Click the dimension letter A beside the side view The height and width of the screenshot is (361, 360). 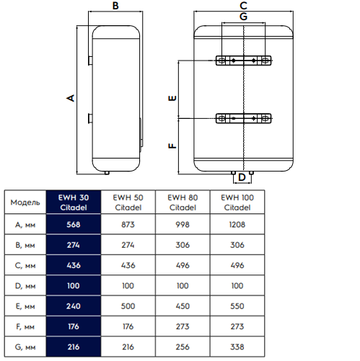point(71,98)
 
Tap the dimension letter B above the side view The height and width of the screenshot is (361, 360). point(115,6)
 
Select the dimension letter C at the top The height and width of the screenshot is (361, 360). point(243,6)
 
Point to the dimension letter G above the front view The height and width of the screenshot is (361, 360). point(243,17)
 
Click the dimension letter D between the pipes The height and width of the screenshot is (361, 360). point(242,177)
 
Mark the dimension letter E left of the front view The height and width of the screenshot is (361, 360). point(172,98)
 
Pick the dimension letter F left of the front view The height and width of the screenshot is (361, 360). point(172,146)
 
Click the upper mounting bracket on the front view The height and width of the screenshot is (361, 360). point(243,61)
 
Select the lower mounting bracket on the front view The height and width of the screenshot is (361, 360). point(243,118)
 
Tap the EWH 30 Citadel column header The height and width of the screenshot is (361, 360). point(74,202)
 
